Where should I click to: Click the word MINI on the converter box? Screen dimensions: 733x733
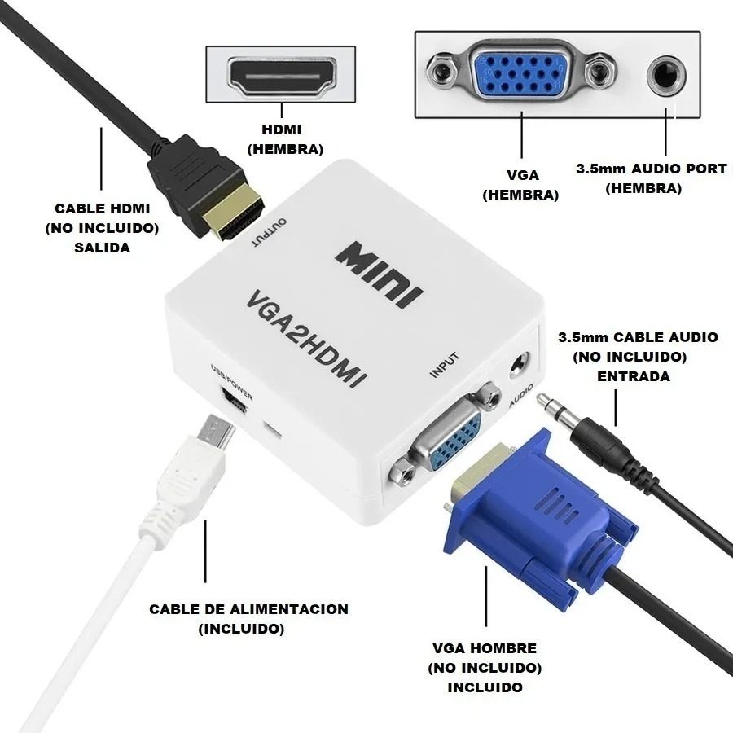pyautogui.click(x=379, y=275)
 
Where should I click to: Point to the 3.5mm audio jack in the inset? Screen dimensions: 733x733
pyautogui.click(x=666, y=75)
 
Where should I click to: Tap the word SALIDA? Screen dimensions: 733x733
pyautogui.click(x=103, y=248)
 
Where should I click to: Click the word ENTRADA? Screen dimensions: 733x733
pyautogui.click(x=634, y=376)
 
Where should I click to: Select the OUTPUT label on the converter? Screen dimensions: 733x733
pyautogui.click(x=270, y=232)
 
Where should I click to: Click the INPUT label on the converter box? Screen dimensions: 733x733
pyautogui.click(x=445, y=365)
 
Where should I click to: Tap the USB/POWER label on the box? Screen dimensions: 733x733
pyautogui.click(x=232, y=383)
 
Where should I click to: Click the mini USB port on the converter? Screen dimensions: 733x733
pyautogui.click(x=235, y=400)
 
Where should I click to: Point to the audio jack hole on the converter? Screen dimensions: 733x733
pyautogui.click(x=520, y=364)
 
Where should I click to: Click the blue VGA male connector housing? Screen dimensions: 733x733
pyautogui.click(x=538, y=513)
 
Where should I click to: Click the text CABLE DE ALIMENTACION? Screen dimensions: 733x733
pyautogui.click(x=248, y=609)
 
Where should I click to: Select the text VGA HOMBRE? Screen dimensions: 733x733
pyautogui.click(x=485, y=648)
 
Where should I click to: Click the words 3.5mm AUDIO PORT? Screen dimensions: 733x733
pyautogui.click(x=652, y=169)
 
